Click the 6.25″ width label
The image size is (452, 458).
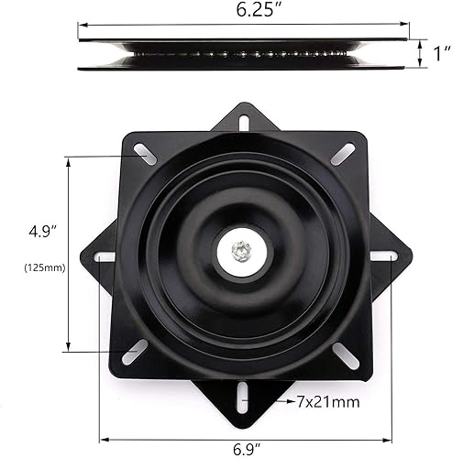pos(245,12)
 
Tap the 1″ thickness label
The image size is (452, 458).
pos(441,54)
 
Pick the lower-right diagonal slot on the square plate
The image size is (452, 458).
pos(347,354)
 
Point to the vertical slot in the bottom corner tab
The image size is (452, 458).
pos(242,396)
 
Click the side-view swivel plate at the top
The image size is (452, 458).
pos(245,53)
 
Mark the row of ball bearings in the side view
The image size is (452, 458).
pos(245,54)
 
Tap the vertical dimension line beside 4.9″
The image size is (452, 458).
pos(68,254)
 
